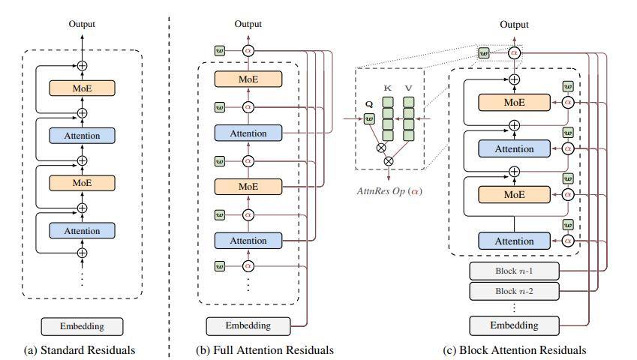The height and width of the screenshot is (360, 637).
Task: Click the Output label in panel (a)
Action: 82,24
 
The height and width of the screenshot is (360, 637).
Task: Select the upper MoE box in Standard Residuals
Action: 82,88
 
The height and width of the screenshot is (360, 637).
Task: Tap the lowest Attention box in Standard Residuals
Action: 82,229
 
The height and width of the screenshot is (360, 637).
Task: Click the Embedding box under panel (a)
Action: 82,326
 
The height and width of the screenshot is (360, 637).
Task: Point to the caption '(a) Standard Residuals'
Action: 82,349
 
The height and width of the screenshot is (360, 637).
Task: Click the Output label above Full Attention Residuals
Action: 248,24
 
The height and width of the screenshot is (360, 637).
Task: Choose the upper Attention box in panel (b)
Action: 248,133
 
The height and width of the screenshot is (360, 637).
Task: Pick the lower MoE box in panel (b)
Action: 248,187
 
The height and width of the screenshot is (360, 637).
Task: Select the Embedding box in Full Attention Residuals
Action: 248,326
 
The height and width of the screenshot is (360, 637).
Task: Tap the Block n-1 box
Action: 514,271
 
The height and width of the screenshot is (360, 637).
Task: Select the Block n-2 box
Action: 514,291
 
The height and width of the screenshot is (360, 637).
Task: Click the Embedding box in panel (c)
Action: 514,325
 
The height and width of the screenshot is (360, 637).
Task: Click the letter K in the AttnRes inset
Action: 388,88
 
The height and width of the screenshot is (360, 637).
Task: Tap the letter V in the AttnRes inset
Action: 409,88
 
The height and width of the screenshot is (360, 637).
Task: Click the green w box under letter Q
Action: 368,118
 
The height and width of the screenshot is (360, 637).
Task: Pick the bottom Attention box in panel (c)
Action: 514,241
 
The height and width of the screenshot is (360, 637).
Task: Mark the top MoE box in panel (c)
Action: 514,101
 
